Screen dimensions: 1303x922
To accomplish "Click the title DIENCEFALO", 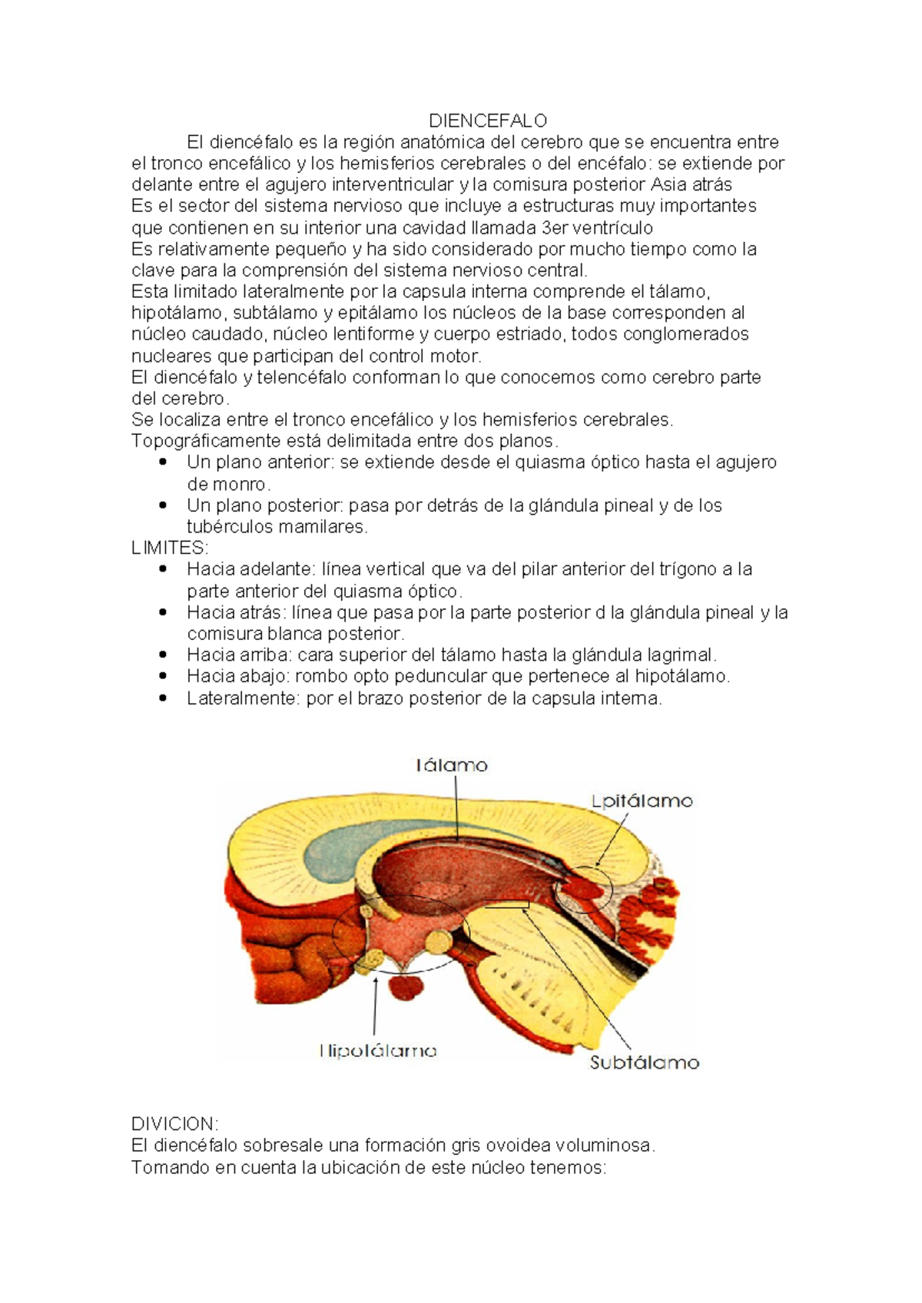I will click(488, 121).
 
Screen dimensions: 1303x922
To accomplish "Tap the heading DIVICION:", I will click(175, 1124).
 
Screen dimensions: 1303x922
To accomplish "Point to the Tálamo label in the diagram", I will click(452, 765).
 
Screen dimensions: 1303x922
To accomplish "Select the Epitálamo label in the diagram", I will click(642, 801).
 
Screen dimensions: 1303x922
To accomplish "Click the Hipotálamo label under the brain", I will click(378, 1050).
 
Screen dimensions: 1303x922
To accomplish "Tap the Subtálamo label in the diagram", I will click(644, 1063).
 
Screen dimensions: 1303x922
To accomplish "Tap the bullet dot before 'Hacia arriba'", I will click(162, 655).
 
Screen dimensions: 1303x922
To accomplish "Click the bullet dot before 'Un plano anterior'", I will click(162, 463).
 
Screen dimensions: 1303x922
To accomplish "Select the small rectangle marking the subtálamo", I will click(506, 904).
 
